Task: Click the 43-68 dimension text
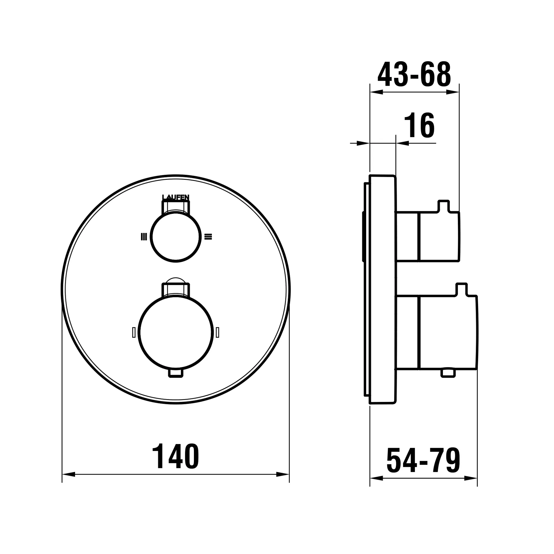pos(414,74)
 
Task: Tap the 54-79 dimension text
pos(423,461)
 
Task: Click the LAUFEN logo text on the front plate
pos(176,197)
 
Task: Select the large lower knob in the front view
pos(176,332)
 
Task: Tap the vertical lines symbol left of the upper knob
pos(144,237)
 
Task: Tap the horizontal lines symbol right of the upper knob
pos(208,237)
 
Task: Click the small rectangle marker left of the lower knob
pos(134,332)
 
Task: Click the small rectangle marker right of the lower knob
pos(217,332)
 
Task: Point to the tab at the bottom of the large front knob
pos(176,373)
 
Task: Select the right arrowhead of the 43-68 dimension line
pos(452,92)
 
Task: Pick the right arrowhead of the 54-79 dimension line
pos(471,478)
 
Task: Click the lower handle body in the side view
pos(447,332)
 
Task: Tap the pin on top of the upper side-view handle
pos(443,205)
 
